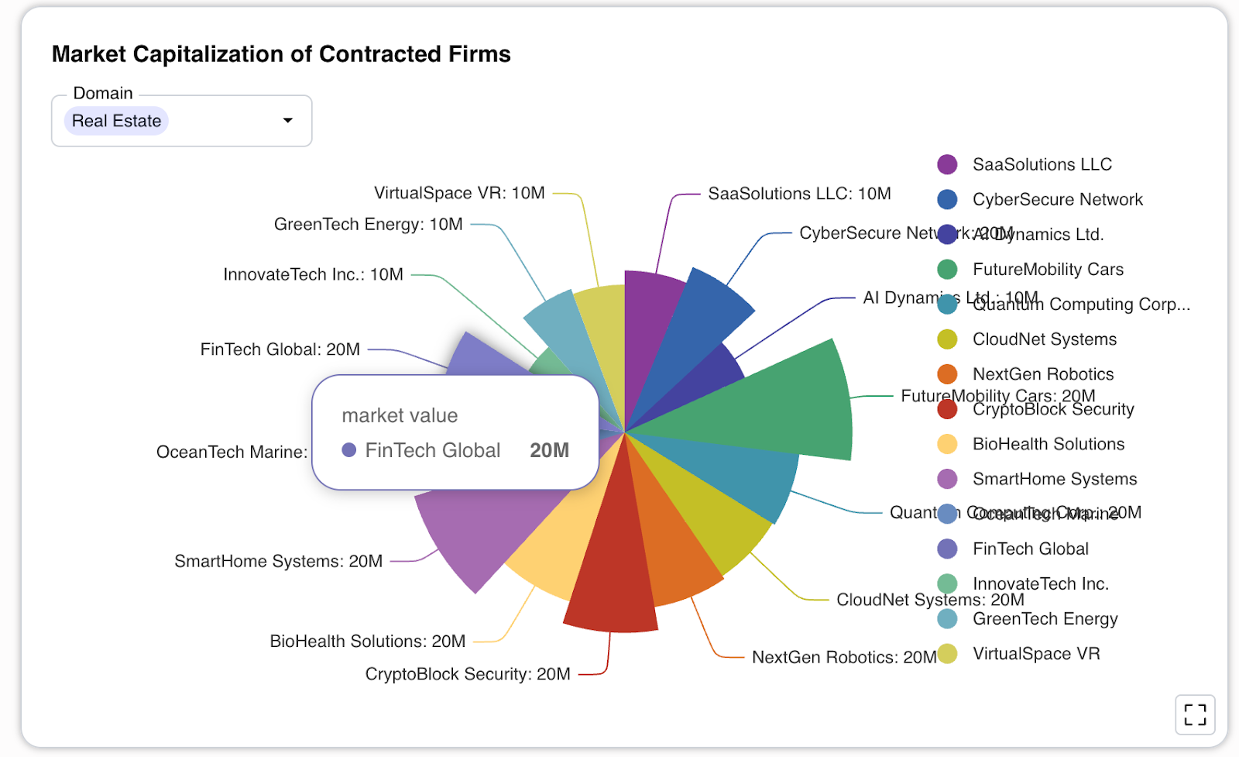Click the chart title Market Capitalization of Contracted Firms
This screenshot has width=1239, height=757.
[281, 54]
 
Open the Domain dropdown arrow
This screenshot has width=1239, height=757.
[288, 121]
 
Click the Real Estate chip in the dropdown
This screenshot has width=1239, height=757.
[116, 121]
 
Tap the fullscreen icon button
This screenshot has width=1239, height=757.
[1195, 714]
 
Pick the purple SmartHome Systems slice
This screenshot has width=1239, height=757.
[480, 535]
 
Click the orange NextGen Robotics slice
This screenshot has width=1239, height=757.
[674, 550]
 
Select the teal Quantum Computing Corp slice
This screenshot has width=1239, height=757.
[743, 473]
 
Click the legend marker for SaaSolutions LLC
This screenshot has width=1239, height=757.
[947, 164]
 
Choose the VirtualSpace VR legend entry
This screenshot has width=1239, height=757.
[1035, 654]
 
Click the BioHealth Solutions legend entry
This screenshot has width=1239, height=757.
[1048, 444]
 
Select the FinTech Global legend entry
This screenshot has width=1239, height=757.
[1030, 549]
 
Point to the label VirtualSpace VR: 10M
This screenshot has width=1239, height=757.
[459, 193]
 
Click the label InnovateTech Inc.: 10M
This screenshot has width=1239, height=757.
[313, 274]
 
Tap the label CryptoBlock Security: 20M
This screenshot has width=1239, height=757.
[468, 674]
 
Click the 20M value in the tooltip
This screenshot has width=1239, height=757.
[549, 450]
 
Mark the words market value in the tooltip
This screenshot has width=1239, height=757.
[400, 416]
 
